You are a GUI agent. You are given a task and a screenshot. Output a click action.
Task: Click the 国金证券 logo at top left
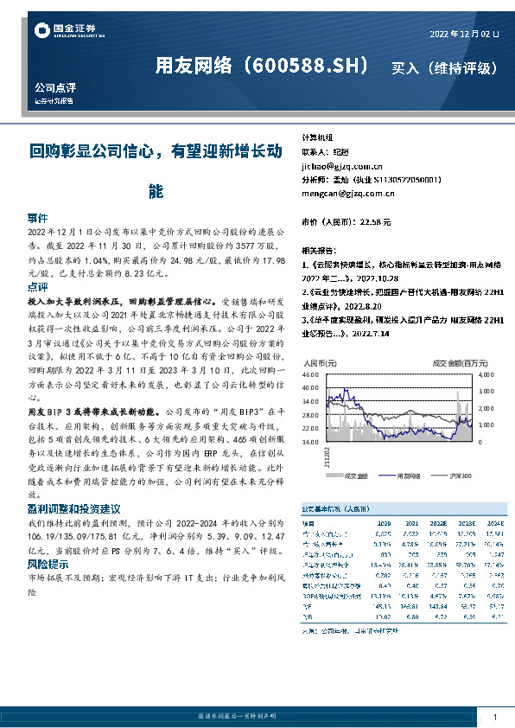[x=64, y=31]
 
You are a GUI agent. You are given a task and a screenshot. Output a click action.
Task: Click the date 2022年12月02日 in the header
[x=464, y=33]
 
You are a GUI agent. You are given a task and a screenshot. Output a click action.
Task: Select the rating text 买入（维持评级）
[x=444, y=67]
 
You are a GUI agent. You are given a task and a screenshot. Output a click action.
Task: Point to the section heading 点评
[x=38, y=286]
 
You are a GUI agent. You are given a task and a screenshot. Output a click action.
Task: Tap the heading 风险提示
[x=49, y=564]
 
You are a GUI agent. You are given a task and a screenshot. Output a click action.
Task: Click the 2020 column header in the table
[x=385, y=522]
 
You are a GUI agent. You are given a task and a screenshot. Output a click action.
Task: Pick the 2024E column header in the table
[x=493, y=522]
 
